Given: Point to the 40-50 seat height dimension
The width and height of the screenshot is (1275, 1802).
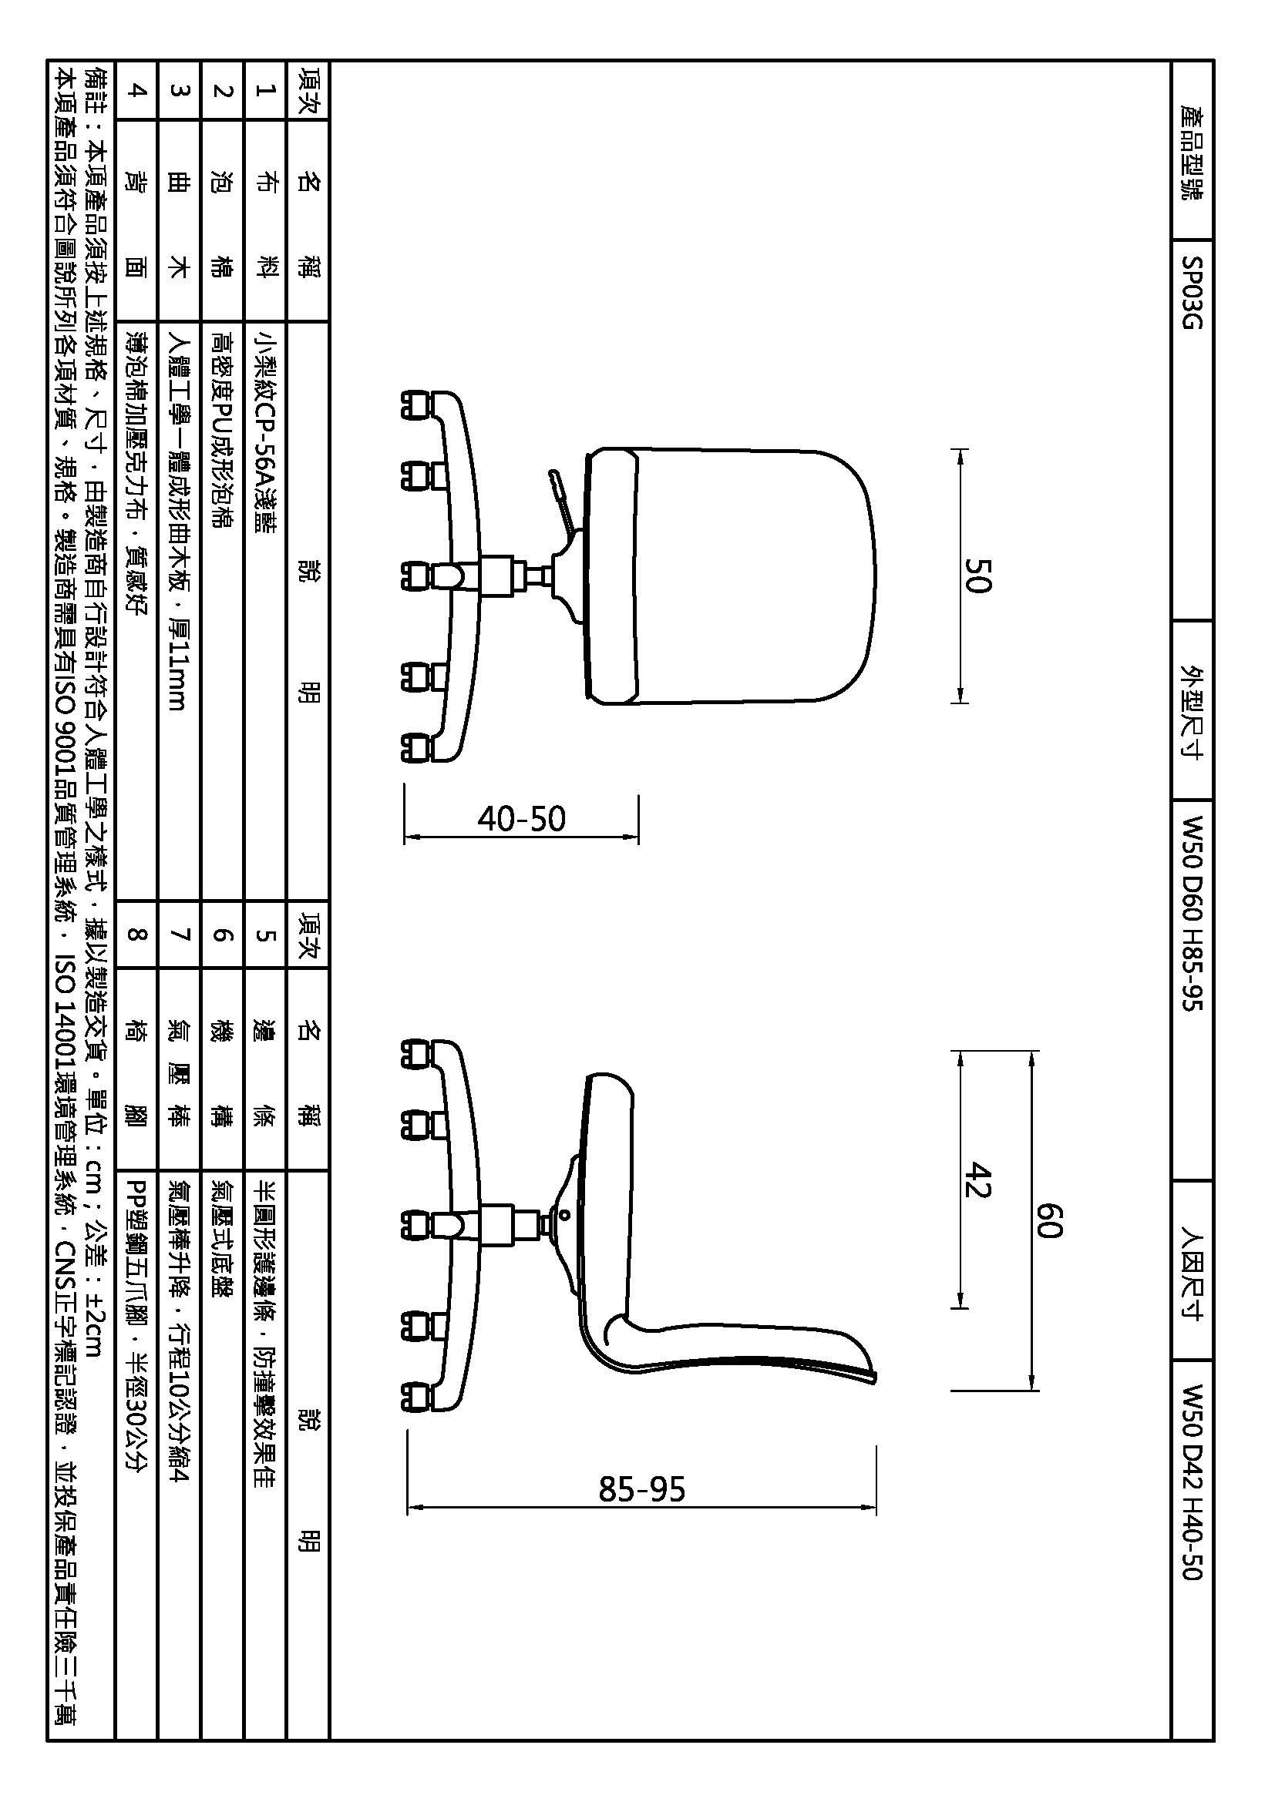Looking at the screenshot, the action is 521,819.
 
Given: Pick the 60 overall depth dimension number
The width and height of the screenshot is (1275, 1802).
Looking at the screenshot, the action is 1049,1220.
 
